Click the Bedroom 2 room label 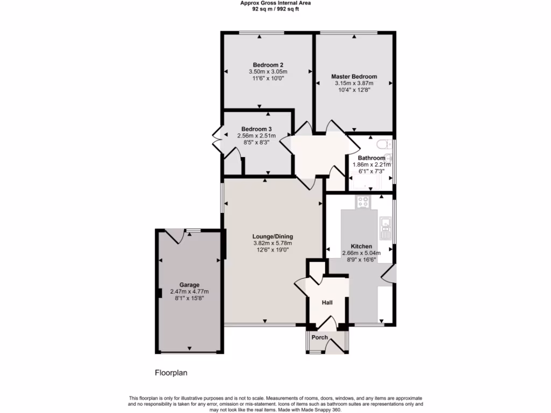point(268,65)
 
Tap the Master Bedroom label point(354,77)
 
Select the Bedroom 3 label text point(256,129)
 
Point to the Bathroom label point(371,158)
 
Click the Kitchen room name point(361,246)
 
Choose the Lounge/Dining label point(273,236)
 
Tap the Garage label point(189,285)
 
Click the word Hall point(327,303)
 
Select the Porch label point(320,338)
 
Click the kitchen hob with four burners point(363,202)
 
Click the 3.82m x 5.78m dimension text point(273,243)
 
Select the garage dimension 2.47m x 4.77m point(189,291)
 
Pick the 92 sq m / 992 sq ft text point(275,9)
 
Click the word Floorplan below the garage point(171,372)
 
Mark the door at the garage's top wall point(175,236)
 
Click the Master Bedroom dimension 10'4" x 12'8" point(354,90)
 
